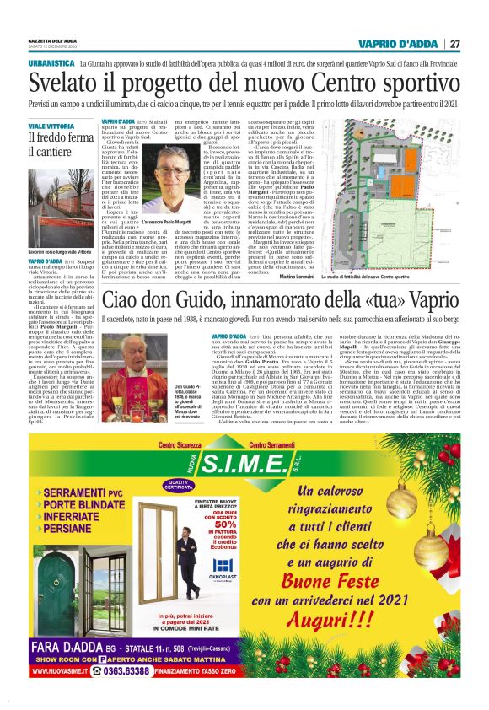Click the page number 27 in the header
coord(454,44)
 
